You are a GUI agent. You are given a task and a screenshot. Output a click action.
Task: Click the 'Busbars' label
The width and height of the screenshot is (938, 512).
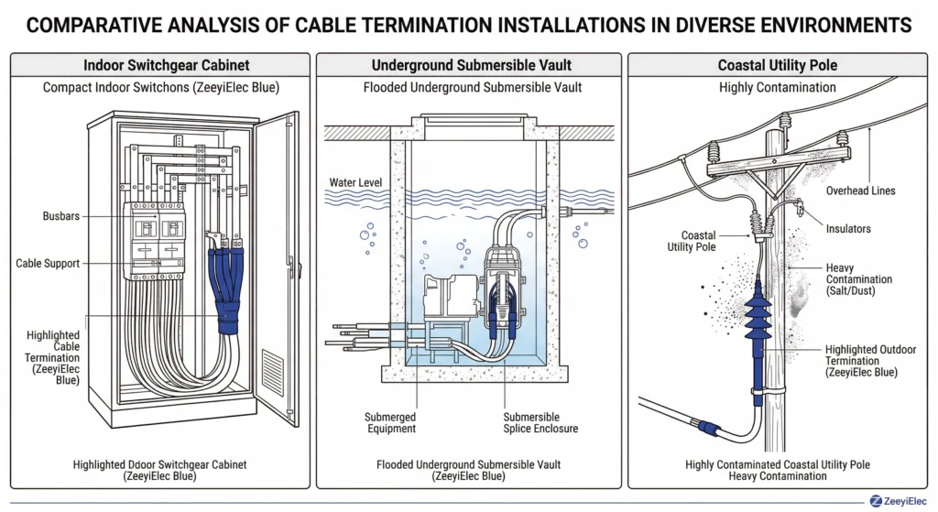(x=60, y=216)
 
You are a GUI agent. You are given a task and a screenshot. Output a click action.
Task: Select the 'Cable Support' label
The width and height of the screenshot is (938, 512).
(x=48, y=264)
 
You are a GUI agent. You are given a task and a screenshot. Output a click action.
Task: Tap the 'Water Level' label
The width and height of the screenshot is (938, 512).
(x=354, y=183)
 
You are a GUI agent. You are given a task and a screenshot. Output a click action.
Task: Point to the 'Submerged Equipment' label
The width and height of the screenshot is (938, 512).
(x=390, y=422)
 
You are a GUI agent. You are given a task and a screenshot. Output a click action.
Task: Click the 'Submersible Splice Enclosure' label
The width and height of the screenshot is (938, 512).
(x=541, y=422)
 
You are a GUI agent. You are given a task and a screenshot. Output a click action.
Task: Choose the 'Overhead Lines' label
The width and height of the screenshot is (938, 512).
(x=860, y=191)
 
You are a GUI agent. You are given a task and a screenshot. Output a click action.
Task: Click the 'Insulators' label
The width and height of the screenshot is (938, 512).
(x=847, y=228)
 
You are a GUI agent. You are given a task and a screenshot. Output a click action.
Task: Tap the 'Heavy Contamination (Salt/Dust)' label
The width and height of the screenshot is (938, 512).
(x=858, y=278)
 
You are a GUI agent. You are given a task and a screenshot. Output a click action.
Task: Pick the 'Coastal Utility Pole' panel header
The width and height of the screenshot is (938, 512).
(x=778, y=66)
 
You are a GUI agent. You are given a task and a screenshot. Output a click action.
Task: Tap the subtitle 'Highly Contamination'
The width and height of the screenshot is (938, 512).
(x=778, y=87)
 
